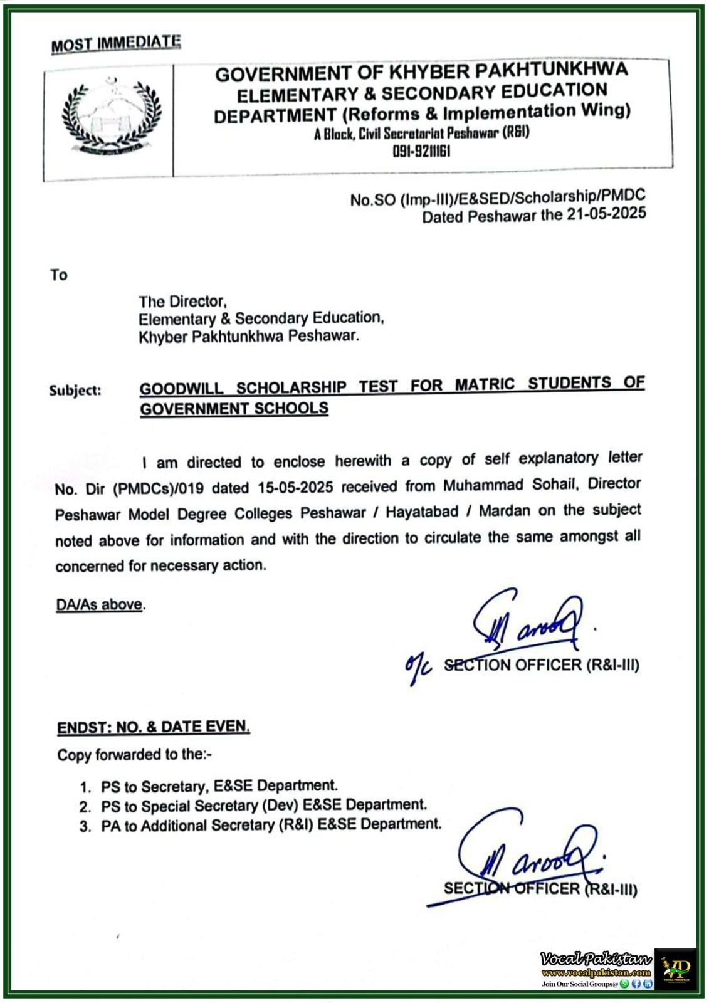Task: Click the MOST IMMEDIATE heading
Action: point(116,44)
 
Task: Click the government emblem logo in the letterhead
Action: point(112,118)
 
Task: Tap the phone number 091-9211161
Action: point(421,151)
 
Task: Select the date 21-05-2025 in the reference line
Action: point(606,214)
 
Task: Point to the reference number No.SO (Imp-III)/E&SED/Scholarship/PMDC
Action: point(498,198)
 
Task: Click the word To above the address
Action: point(59,275)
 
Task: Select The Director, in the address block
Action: point(182,302)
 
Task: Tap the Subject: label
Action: point(75,390)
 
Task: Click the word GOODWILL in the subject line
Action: point(181,388)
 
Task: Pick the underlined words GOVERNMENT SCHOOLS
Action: point(234,409)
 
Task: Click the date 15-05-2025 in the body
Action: point(295,488)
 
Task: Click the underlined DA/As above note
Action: point(100,605)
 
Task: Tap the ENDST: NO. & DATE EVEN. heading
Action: point(154,727)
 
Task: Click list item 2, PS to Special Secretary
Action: point(263,806)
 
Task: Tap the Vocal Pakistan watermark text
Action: point(595,959)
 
